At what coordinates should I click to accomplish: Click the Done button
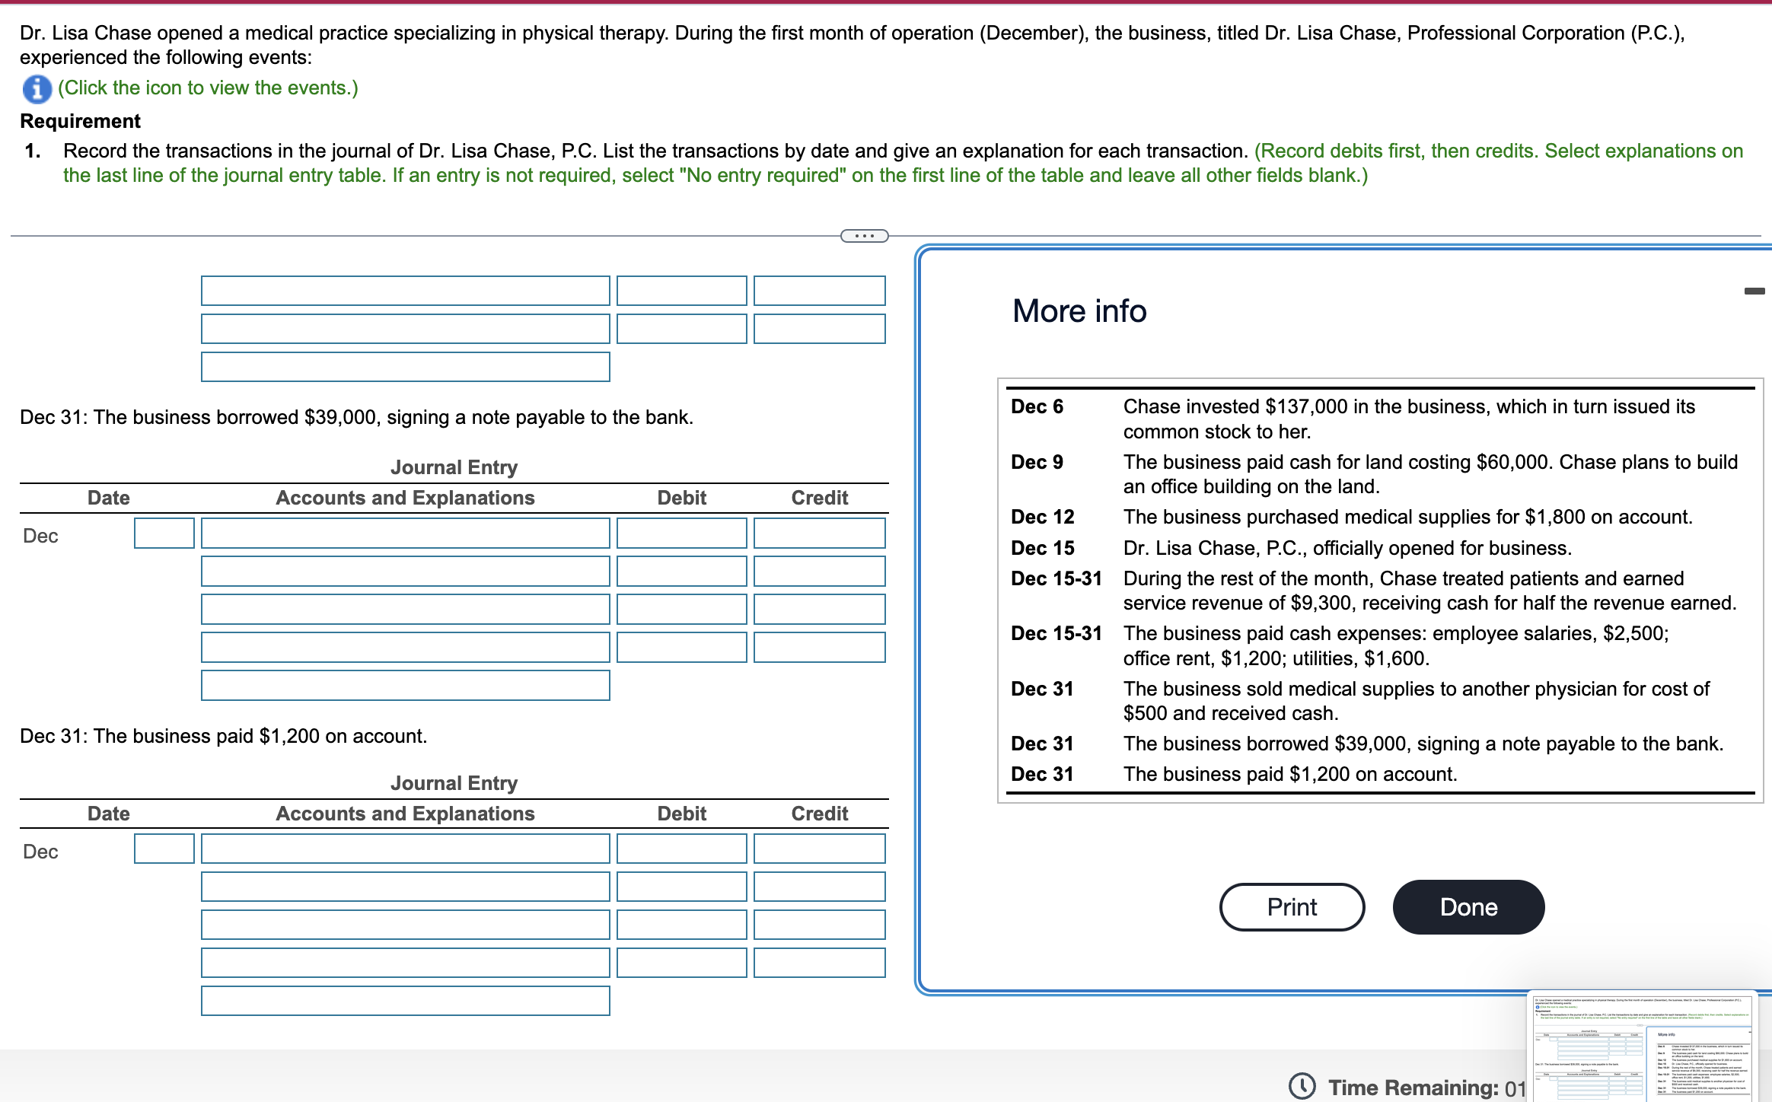click(x=1468, y=906)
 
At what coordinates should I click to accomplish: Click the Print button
click(x=1291, y=906)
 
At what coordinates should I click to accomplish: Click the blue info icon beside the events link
click(x=37, y=88)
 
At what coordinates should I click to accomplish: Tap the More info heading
click(x=1079, y=311)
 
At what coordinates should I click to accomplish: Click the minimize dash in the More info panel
click(x=1754, y=291)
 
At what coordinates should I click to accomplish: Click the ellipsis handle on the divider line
click(x=864, y=236)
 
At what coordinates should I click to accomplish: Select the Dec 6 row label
click(x=1037, y=406)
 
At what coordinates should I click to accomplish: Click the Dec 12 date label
click(x=1042, y=517)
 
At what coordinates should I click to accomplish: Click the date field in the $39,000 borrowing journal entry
click(x=164, y=533)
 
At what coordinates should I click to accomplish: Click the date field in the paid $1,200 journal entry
click(x=164, y=849)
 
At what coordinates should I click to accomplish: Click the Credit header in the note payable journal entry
click(x=819, y=498)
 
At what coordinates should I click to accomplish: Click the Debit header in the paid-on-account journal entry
click(x=681, y=814)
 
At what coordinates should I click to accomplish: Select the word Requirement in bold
click(x=80, y=121)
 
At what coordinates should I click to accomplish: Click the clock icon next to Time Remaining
click(x=1302, y=1086)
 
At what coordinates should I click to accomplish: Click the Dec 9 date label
click(x=1037, y=462)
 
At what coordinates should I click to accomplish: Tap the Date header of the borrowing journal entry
click(x=108, y=498)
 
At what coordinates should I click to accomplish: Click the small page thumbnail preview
click(x=1643, y=1046)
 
